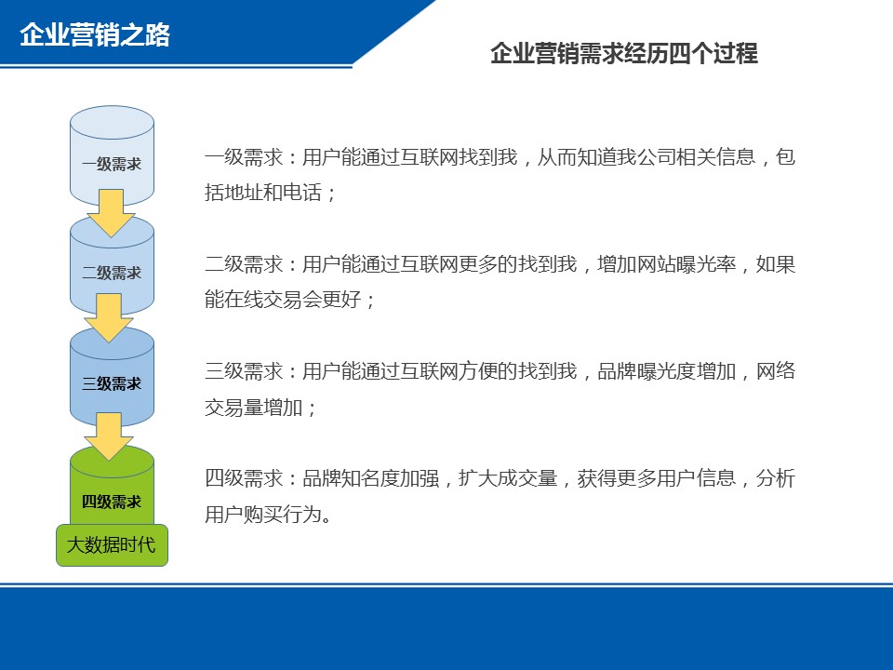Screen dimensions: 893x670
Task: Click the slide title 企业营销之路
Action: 95,34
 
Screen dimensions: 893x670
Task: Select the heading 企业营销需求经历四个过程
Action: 624,54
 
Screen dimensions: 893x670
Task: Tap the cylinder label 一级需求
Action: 112,164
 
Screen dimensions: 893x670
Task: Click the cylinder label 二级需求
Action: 112,273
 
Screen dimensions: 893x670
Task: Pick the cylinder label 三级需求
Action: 112,383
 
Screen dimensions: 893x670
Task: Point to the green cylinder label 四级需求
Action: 112,502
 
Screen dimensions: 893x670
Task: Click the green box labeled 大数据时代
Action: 113,545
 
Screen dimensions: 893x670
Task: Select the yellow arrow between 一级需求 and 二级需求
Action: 111,212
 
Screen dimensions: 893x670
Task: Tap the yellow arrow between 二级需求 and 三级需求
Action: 109,317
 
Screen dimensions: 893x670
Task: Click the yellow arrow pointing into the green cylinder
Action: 109,436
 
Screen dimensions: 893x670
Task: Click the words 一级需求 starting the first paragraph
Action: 244,156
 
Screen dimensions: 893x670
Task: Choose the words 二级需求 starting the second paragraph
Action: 244,263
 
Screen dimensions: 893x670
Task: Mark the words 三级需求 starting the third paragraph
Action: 244,371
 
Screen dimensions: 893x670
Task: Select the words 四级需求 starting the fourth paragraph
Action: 244,478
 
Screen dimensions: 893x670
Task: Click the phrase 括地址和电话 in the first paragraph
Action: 263,192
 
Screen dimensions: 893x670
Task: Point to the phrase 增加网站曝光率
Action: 666,263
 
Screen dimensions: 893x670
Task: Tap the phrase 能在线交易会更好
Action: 283,299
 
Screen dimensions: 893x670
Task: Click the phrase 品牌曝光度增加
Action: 666,371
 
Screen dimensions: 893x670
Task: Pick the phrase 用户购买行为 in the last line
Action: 263,514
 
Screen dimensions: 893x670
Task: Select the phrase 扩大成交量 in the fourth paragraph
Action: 508,478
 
